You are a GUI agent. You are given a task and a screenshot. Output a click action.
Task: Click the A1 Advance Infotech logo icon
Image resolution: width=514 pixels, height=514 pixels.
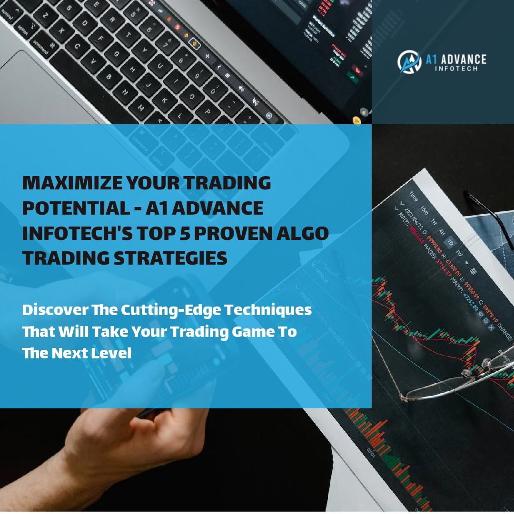pyautogui.click(x=409, y=62)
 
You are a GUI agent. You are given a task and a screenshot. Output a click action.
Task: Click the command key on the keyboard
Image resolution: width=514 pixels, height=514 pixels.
pyautogui.click(x=40, y=48)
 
